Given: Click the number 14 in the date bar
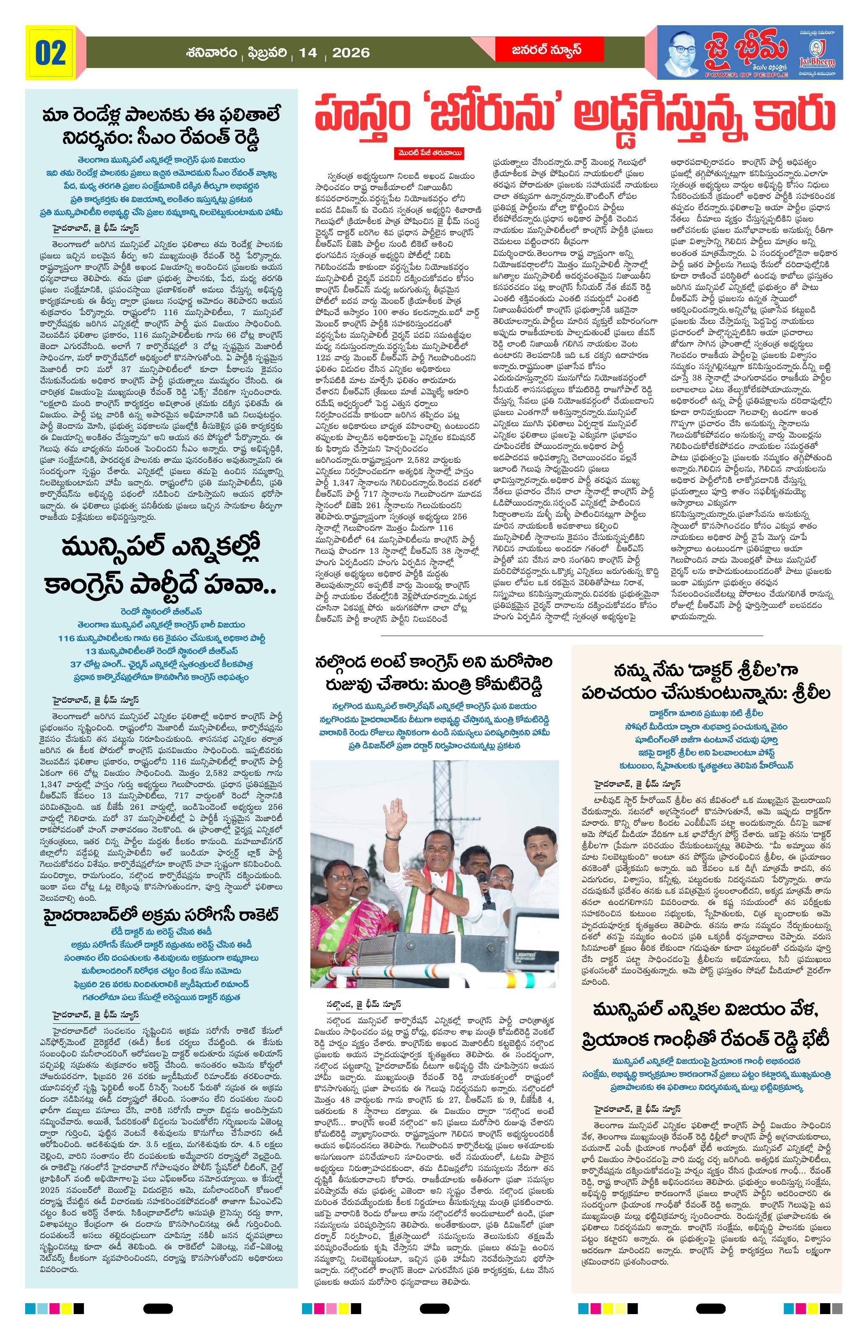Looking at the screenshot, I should coord(308,53).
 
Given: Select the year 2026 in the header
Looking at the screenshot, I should coord(351,53).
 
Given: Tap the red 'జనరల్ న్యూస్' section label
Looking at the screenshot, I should coord(538,50).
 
